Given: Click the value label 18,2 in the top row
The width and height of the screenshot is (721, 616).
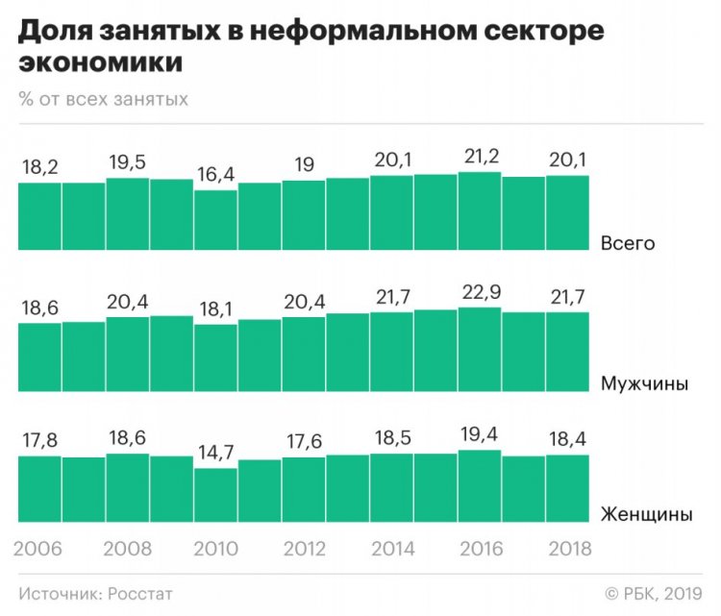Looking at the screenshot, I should (x=38, y=168).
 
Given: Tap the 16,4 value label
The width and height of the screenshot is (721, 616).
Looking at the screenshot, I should (x=215, y=176).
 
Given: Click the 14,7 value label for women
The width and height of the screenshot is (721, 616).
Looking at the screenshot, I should (x=215, y=455).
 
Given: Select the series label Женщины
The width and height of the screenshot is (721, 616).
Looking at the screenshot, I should (x=645, y=515).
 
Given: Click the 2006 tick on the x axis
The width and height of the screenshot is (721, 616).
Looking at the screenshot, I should (x=38, y=550).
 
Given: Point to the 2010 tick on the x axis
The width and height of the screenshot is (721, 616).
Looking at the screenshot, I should (x=215, y=550).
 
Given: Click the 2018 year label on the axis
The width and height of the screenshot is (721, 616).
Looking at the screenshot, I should (x=567, y=550).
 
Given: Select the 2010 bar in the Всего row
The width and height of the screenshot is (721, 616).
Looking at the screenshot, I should (x=215, y=220).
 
